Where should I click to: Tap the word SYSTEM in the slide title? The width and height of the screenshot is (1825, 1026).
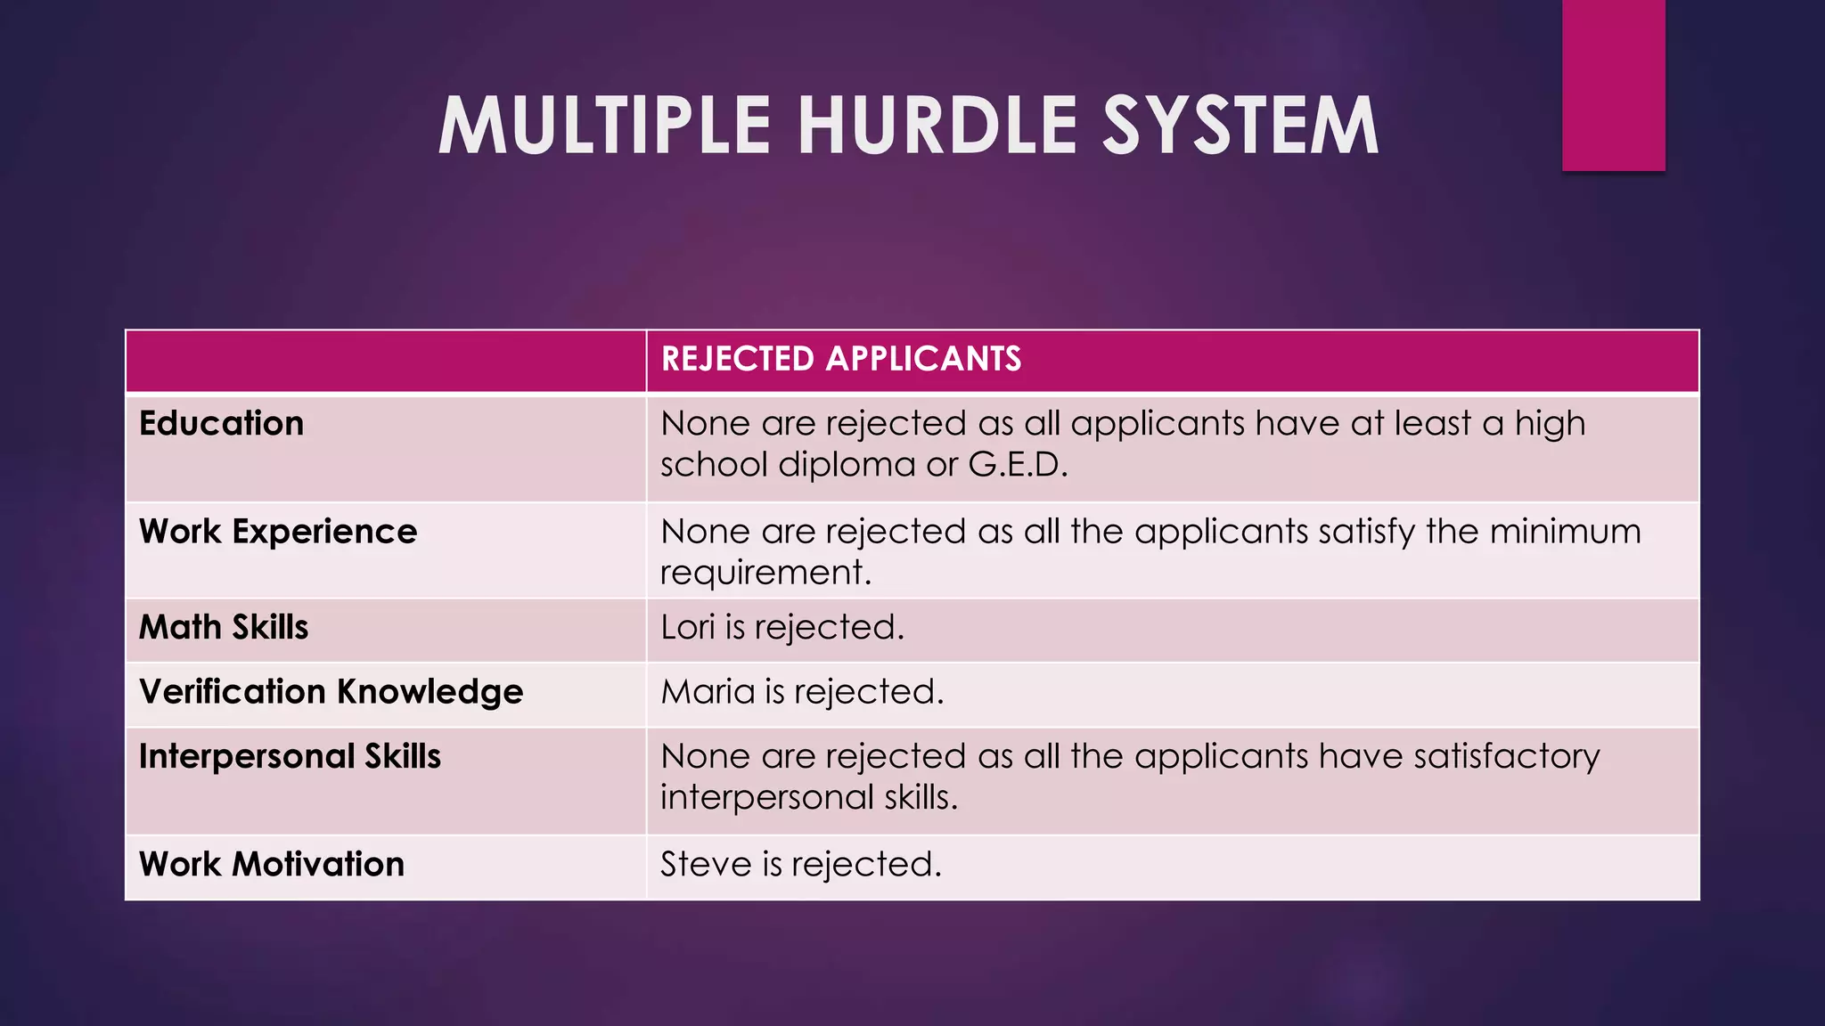pyautogui.click(x=1240, y=126)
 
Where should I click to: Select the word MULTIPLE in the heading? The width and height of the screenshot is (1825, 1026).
pyautogui.click(x=604, y=126)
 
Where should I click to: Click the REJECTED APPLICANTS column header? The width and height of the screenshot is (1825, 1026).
pyautogui.click(x=841, y=359)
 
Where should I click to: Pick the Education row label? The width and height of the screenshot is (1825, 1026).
pyautogui.click(x=222, y=423)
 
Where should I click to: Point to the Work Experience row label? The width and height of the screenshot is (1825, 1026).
pyautogui.click(x=278, y=532)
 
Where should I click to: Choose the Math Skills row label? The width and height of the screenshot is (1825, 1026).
pyautogui.click(x=224, y=627)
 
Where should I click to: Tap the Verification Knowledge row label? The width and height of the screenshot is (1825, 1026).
pyautogui.click(x=331, y=692)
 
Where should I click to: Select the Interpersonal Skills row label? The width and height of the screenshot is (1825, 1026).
pyautogui.click(x=290, y=756)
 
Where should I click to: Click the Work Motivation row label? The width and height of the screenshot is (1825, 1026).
pyautogui.click(x=272, y=864)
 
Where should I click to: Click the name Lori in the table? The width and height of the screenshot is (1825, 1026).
pyautogui.click(x=687, y=627)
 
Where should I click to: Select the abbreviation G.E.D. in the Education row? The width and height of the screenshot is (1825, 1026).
pyautogui.click(x=1018, y=464)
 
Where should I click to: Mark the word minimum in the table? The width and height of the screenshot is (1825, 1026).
pyautogui.click(x=1565, y=532)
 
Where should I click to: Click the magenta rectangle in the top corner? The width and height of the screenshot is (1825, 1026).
pyautogui.click(x=1613, y=85)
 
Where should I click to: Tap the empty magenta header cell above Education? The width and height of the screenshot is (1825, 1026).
pyautogui.click(x=385, y=361)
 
